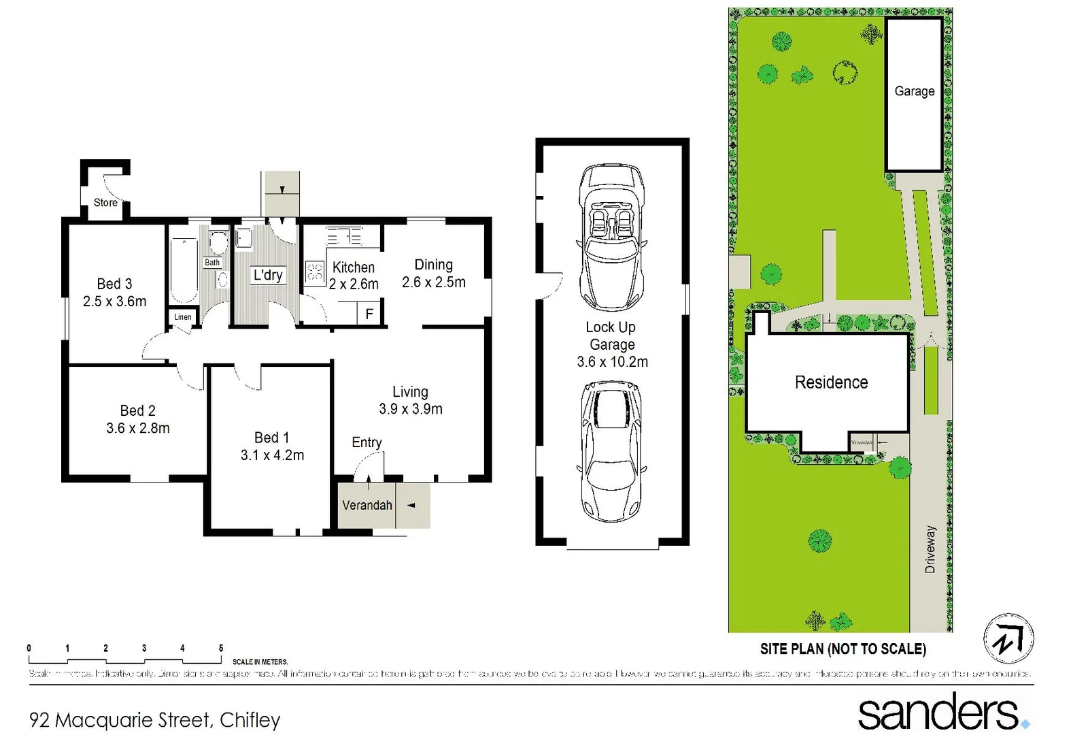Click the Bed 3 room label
pyautogui.click(x=114, y=284)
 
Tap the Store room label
pyautogui.click(x=105, y=202)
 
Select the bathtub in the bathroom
pyautogui.click(x=183, y=270)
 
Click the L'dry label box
pyautogui.click(x=268, y=275)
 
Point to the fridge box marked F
pyautogui.click(x=369, y=314)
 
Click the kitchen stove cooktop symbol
pyautogui.click(x=314, y=272)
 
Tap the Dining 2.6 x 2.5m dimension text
pyautogui.click(x=434, y=282)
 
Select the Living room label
pyautogui.click(x=410, y=392)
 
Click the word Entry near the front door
pyautogui.click(x=367, y=442)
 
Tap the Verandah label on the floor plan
pyautogui.click(x=367, y=505)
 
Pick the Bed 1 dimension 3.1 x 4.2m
pyautogui.click(x=272, y=455)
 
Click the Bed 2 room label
pyautogui.click(x=137, y=410)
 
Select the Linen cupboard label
pyautogui.click(x=182, y=316)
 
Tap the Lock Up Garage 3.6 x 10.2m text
pyautogui.click(x=612, y=344)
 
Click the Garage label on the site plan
pyautogui.click(x=914, y=91)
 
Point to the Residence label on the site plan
pyautogui.click(x=831, y=382)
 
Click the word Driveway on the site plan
pyautogui.click(x=930, y=549)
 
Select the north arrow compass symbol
pyautogui.click(x=1008, y=639)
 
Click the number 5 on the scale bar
pyautogui.click(x=221, y=648)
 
